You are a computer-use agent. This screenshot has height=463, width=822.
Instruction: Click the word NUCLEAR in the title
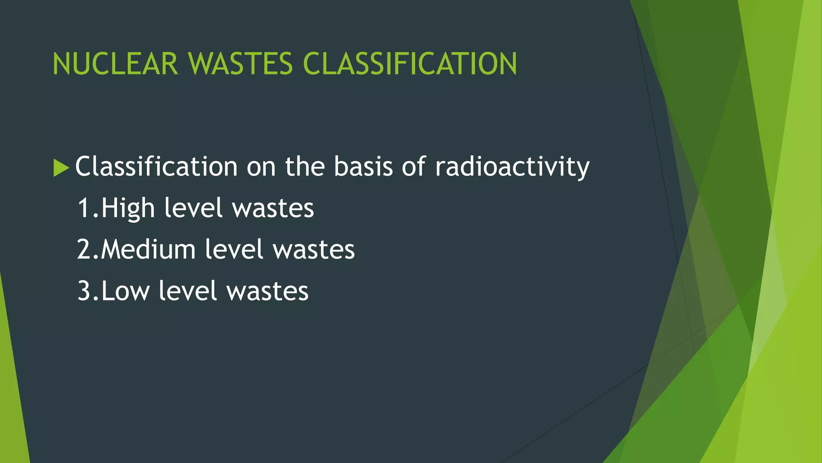115,64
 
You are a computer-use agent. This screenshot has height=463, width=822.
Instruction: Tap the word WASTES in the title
240,64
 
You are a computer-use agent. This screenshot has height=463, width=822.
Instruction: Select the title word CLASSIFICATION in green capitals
410,64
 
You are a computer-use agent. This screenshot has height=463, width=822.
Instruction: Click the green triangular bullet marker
61,168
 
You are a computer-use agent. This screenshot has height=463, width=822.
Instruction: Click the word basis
363,166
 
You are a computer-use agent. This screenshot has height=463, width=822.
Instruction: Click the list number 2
85,250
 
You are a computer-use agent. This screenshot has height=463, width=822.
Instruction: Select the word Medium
148,250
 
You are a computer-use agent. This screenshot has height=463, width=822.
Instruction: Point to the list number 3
85,291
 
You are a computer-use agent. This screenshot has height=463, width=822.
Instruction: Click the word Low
125,291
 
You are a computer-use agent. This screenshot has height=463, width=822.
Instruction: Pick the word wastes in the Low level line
267,291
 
